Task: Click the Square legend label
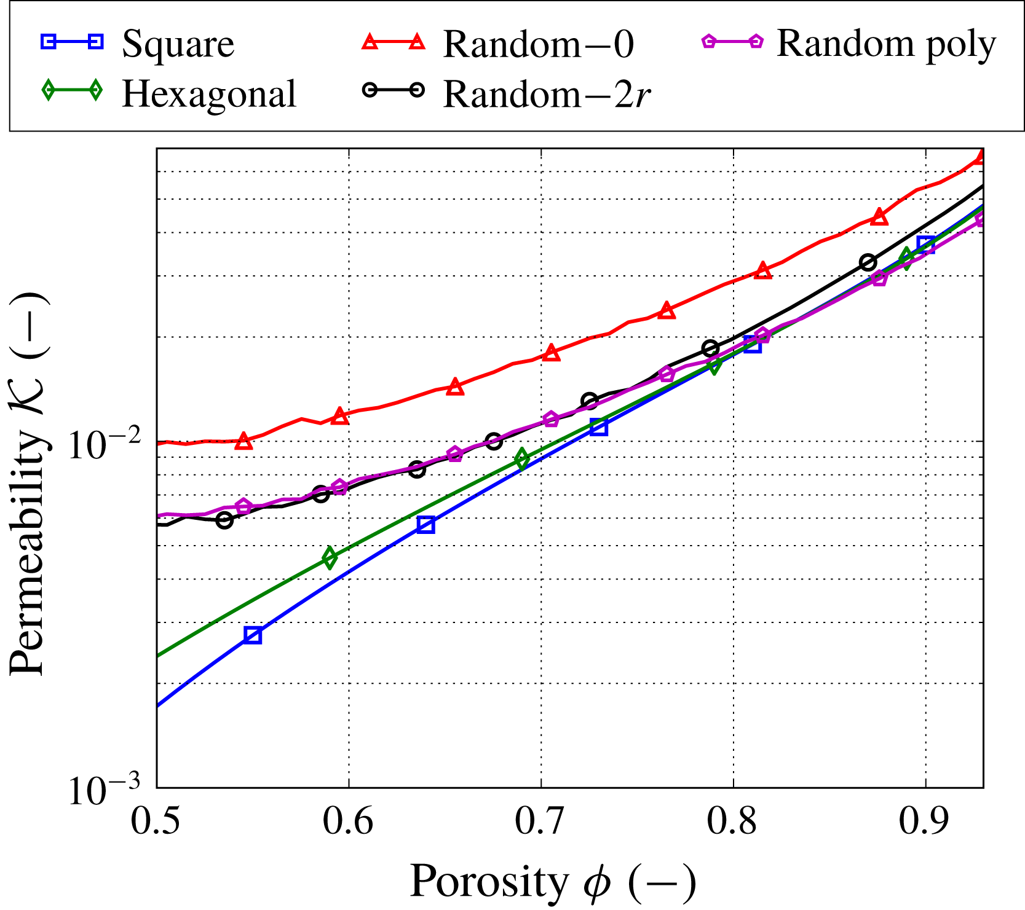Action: (178, 44)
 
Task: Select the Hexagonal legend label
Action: (209, 94)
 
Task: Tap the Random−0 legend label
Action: (538, 44)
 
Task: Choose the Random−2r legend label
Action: (547, 94)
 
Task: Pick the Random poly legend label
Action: (886, 44)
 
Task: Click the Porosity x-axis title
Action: (552, 882)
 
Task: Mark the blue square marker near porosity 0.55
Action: (253, 635)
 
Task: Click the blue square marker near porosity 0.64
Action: (425, 524)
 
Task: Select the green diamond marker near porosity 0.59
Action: (330, 557)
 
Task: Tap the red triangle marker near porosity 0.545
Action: (243, 441)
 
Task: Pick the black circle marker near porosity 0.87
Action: (868, 262)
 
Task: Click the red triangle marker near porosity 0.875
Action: (880, 217)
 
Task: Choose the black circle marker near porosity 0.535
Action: (224, 520)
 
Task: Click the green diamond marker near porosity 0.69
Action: (523, 458)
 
